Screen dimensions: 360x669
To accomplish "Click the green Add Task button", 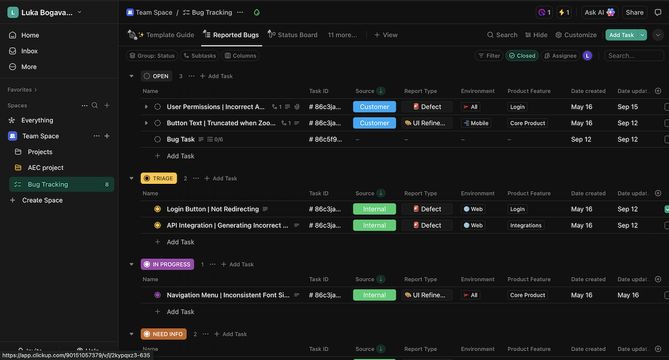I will coord(621,35).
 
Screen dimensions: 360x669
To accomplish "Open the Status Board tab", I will coord(297,35).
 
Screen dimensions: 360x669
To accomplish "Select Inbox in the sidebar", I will coord(30,51).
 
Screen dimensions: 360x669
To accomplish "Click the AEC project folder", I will coord(46,168).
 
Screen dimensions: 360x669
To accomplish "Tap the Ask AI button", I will coord(599,12).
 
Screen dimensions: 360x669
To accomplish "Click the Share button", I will coord(634,12).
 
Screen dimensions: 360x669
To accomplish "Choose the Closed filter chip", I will coord(522,56).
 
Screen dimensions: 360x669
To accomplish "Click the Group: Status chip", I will coord(152,56).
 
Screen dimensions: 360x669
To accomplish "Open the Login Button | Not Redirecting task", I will coord(212,209).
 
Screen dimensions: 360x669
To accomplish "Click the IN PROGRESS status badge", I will coord(167,264).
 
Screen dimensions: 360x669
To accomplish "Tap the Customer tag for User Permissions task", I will coord(374,107).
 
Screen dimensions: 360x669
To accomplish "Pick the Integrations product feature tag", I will coord(526,226).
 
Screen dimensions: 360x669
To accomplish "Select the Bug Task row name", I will coord(181,139).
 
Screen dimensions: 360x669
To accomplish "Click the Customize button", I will coord(576,35).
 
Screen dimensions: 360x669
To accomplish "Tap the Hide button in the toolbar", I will coord(536,35).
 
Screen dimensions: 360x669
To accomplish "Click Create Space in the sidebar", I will coord(42,200).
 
